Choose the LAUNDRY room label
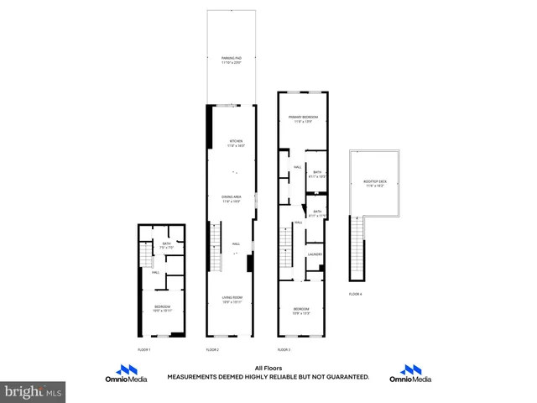point(315,254)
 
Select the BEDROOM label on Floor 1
point(162,307)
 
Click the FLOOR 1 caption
point(143,348)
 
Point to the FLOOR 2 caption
point(212,348)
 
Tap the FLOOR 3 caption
point(284,348)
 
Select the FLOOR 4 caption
point(357,294)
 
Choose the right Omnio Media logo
point(410,374)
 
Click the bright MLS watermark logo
point(34,391)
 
